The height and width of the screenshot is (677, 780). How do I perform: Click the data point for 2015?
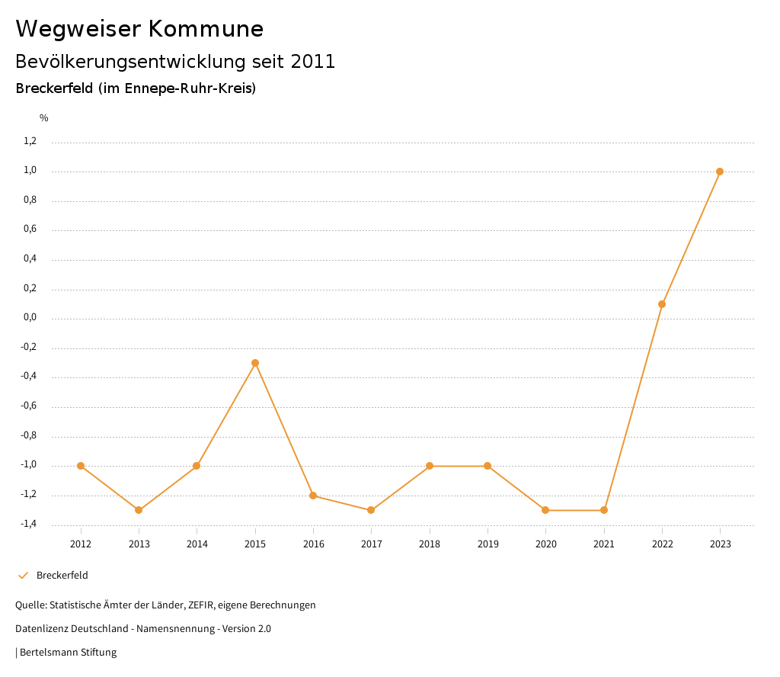(255, 363)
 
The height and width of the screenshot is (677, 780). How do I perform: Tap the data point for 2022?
(662, 304)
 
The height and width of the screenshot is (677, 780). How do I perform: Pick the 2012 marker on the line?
(81, 466)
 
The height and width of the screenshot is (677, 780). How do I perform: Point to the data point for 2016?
(313, 496)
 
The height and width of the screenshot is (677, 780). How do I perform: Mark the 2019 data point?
(487, 466)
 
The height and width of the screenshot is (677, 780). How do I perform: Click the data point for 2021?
(604, 510)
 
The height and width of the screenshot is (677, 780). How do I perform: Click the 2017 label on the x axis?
(372, 544)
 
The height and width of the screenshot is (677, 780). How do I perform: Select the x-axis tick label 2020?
(546, 544)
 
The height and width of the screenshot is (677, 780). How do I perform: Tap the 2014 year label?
(197, 544)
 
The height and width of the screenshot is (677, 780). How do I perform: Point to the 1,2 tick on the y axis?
(30, 141)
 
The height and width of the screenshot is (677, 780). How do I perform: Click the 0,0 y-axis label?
(30, 318)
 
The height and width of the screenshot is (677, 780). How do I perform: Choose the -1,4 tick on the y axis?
(29, 525)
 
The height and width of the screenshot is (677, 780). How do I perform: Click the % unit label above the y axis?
(44, 118)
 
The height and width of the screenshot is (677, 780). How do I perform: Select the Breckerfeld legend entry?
(62, 576)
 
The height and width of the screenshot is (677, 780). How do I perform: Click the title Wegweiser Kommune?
(139, 29)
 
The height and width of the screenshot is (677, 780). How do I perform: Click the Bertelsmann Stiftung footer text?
(68, 653)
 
